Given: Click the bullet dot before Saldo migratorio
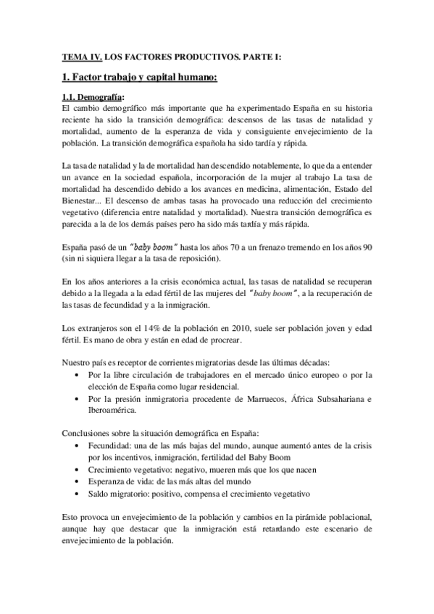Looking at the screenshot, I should [x=78, y=494].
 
